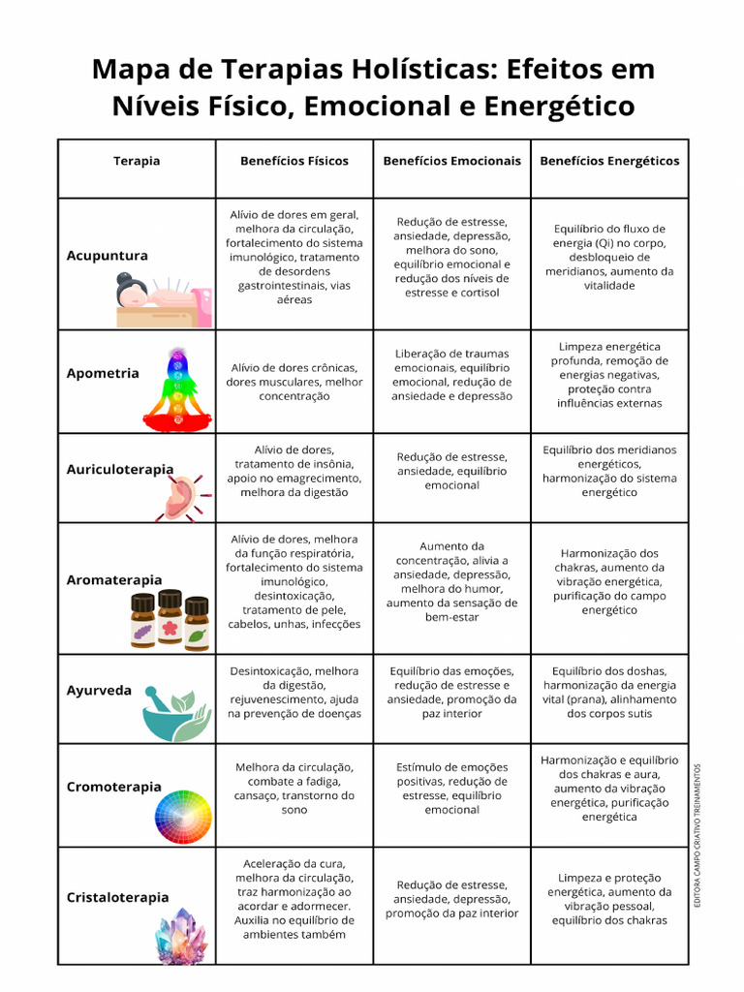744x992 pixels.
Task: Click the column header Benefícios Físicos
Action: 294,161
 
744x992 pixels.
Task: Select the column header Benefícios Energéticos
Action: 609,161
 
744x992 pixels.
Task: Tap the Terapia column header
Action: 137,161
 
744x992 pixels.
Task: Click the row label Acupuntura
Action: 108,256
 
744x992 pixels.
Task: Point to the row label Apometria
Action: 103,373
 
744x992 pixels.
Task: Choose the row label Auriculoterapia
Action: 120,469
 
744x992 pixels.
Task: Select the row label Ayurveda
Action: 99,691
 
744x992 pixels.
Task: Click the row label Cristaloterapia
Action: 118,898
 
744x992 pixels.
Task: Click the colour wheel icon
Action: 183,817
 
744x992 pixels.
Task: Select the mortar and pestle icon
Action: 175,716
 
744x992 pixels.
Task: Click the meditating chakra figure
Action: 176,392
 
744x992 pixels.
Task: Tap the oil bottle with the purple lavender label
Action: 143,621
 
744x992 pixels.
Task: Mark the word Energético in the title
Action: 551,105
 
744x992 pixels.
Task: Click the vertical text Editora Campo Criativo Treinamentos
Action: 697,835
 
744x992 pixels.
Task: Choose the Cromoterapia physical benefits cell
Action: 294,789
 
